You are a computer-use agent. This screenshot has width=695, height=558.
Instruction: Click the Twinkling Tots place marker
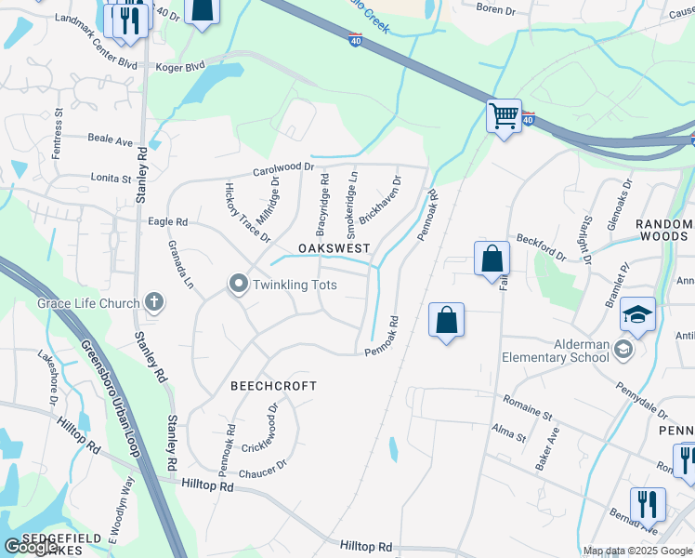[x=239, y=284]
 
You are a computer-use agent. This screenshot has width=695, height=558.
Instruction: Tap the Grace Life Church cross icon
[x=154, y=302]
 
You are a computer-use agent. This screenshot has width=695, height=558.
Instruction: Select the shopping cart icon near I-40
[x=504, y=116]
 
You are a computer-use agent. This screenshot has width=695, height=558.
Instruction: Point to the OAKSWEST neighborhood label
[x=334, y=249]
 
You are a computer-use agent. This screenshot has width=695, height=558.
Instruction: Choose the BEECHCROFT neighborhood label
[x=274, y=385]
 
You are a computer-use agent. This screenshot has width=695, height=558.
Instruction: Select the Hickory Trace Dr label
[x=247, y=213]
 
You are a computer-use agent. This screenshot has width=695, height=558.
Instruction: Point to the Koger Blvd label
[x=179, y=67]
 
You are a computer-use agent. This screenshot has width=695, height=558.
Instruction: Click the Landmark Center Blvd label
[x=96, y=42]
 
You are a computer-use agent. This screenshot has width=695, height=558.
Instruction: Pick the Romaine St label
[x=528, y=406]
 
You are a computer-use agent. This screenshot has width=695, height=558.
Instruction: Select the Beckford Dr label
[x=541, y=248]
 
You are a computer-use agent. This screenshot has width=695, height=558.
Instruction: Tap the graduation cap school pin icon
[x=637, y=313]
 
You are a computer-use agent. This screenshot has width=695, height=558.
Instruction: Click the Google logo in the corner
[x=32, y=547]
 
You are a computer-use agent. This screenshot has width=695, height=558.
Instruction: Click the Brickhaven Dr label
[x=382, y=200]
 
